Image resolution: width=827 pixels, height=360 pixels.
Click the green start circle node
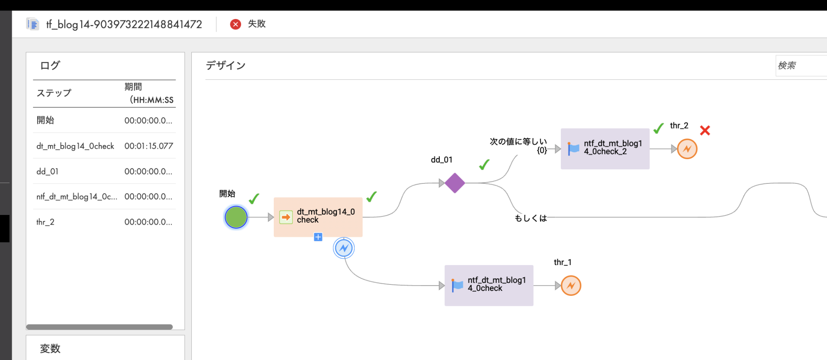[236, 217]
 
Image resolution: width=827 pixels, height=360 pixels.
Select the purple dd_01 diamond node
[455, 183]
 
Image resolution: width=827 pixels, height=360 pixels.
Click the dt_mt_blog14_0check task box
[318, 217]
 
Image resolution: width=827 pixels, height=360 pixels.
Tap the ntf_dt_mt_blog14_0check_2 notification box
[605, 148]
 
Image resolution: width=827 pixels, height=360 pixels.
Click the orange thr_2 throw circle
[687, 149]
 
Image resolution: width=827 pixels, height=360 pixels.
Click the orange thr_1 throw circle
[571, 285]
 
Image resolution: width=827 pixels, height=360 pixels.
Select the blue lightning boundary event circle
[344, 248]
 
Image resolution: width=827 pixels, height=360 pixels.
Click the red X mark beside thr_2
[705, 131]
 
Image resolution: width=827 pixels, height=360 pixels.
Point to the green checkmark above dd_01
[484, 164]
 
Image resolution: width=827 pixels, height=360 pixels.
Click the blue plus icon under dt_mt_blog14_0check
[318, 237]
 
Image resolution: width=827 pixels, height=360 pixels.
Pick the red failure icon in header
[235, 24]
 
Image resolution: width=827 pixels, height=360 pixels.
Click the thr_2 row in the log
[45, 222]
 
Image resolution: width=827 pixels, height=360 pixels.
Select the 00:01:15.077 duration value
[149, 146]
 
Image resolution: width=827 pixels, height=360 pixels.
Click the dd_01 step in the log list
[48, 171]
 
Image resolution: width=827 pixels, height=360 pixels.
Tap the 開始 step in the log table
[45, 120]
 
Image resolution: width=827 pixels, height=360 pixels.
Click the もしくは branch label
[531, 218]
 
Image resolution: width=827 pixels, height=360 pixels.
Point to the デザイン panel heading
[225, 65]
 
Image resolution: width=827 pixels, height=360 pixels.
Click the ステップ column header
[54, 93]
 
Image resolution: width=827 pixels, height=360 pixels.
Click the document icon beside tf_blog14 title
[33, 24]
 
